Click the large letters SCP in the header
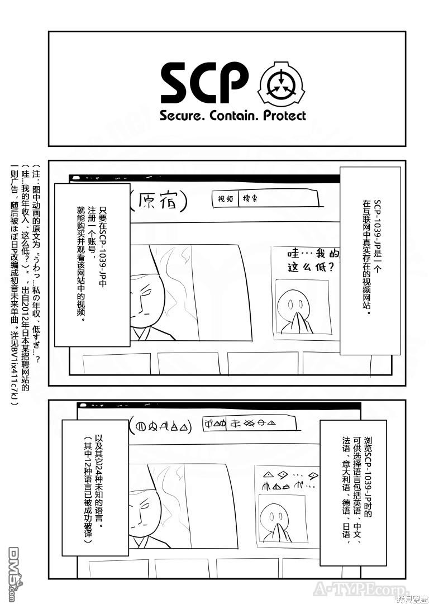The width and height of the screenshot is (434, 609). pyautogui.click(x=203, y=84)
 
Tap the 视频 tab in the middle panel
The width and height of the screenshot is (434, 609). pyautogui.click(x=226, y=198)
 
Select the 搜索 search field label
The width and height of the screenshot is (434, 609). pyautogui.click(x=254, y=198)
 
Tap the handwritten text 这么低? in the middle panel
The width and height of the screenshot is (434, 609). pyautogui.click(x=311, y=268)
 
